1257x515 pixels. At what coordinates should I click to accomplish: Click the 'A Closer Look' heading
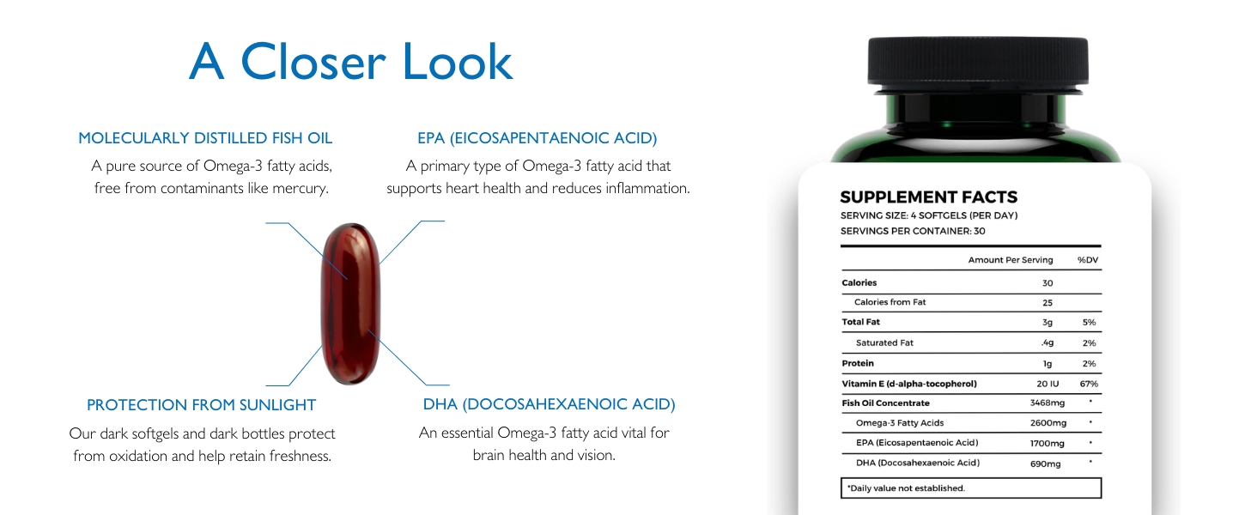click(350, 62)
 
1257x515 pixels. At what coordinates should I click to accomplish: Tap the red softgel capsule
click(350, 304)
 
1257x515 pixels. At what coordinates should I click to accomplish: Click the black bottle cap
click(978, 62)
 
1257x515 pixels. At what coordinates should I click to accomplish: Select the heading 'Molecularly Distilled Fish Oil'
click(205, 138)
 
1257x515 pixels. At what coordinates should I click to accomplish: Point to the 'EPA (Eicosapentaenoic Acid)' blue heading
click(537, 138)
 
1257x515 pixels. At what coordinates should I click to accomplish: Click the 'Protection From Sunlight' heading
click(202, 405)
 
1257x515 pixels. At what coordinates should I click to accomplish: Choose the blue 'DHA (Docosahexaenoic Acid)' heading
click(549, 404)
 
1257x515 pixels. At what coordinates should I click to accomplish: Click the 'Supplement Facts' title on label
click(929, 197)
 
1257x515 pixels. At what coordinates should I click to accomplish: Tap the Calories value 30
click(1047, 283)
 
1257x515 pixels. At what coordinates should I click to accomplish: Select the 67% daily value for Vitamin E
click(1089, 384)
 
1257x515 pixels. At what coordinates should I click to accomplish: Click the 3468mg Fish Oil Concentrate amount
click(1047, 403)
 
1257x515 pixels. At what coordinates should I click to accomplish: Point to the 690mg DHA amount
click(1046, 464)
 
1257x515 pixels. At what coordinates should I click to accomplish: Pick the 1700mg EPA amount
click(1047, 443)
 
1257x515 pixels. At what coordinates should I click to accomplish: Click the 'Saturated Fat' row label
click(884, 342)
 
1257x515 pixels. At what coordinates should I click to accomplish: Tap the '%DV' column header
click(1088, 260)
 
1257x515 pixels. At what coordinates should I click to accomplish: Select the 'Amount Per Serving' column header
click(1010, 260)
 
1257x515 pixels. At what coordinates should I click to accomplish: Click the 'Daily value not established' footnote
click(907, 488)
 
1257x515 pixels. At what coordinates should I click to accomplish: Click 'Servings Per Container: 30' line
click(913, 231)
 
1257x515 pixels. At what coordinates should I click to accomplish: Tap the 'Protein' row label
click(858, 364)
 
